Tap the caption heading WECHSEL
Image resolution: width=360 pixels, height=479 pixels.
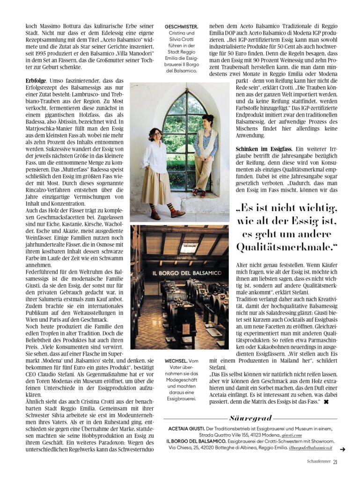[176, 361]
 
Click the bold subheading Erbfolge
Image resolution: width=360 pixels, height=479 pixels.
[36, 81]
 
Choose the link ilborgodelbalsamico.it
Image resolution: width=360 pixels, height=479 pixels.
[310, 448]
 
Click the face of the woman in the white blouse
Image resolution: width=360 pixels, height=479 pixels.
[156, 135]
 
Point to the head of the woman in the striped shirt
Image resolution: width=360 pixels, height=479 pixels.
[207, 121]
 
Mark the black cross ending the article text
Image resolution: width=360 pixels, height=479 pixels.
[326, 402]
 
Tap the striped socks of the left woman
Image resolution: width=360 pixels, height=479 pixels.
[154, 207]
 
